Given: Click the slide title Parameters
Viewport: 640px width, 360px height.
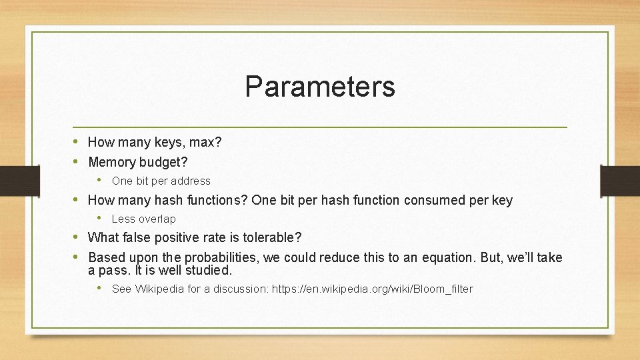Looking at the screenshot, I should tap(319, 87).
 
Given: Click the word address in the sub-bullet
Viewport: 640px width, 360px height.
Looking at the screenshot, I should tap(191, 181).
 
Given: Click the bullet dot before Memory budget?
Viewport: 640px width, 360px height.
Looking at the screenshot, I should tap(77, 161).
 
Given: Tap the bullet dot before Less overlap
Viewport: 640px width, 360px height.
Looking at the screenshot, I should tap(100, 218).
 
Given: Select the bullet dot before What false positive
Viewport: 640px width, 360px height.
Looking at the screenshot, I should tap(77, 237).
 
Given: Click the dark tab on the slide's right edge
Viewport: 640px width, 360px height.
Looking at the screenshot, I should tap(620, 180).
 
